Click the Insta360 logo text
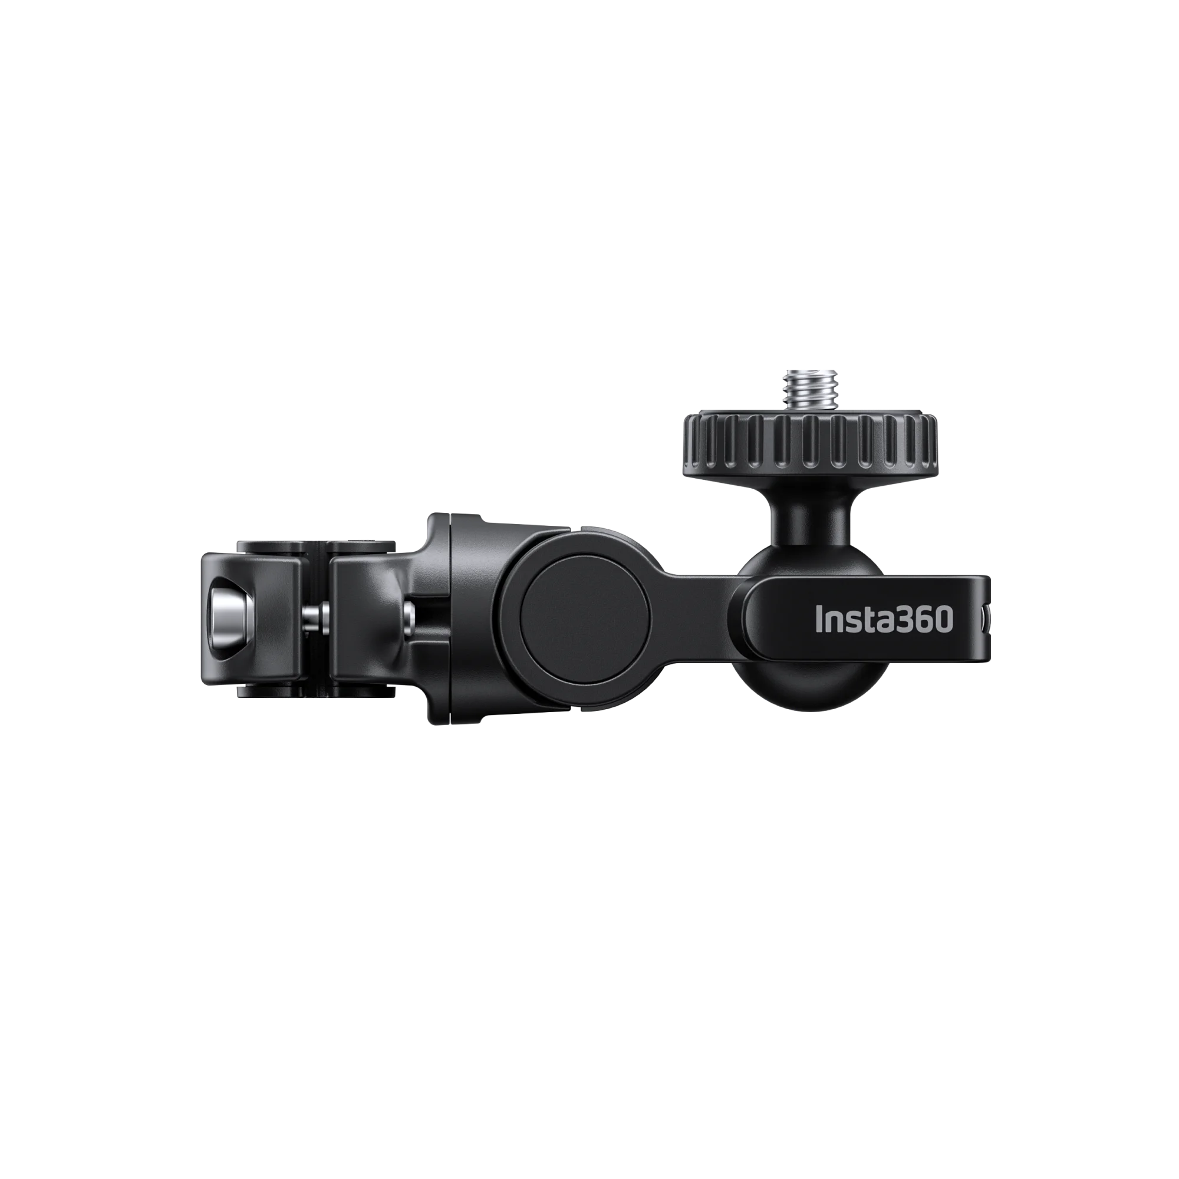[884, 619]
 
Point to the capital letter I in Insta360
[819, 619]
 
